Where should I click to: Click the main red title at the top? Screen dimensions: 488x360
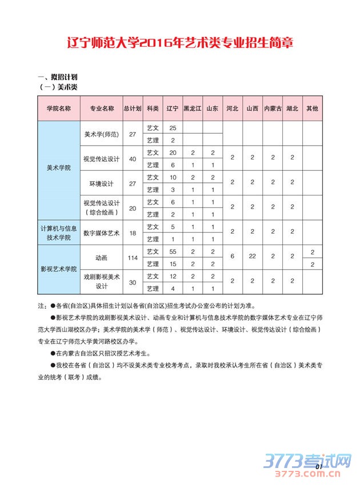tap(180, 43)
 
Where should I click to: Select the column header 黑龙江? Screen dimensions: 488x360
tap(193, 108)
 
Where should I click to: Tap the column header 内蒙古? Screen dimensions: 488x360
tap(273, 108)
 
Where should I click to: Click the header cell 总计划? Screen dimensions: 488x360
tap(133, 108)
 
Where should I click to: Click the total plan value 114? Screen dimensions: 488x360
tap(133, 258)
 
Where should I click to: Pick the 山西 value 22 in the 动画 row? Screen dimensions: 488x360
tap(252, 258)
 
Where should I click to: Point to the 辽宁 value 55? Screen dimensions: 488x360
tap(173, 251)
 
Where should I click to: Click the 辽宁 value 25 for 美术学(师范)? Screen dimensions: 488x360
tap(173, 127)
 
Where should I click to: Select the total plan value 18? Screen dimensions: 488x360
tap(133, 233)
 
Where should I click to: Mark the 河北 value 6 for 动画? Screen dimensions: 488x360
tap(232, 258)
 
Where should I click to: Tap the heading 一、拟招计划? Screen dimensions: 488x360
tap(57, 77)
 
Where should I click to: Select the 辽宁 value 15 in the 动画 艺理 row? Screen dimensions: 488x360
tap(173, 264)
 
